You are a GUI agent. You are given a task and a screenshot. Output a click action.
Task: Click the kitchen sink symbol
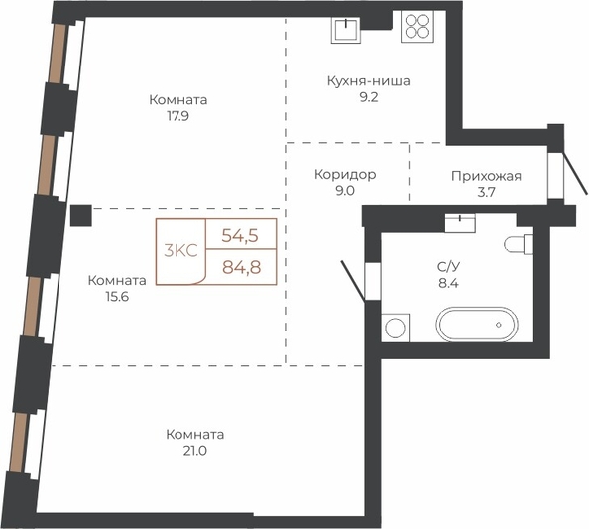346,30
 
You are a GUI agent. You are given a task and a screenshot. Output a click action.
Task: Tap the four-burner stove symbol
417,26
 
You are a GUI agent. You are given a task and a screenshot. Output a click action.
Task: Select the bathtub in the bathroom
477,325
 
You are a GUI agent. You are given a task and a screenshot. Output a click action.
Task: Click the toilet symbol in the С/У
519,244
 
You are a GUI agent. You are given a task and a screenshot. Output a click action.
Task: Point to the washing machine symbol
396,328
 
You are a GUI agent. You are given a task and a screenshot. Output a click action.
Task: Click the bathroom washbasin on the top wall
460,223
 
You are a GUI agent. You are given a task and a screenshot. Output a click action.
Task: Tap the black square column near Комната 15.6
81,215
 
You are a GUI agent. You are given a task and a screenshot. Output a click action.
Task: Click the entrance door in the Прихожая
576,174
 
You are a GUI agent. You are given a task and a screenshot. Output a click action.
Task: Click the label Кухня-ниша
369,81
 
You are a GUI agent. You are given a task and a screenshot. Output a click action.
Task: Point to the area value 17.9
178,116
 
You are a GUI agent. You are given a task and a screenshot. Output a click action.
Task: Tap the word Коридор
345,175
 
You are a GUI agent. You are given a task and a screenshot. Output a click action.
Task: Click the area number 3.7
487,192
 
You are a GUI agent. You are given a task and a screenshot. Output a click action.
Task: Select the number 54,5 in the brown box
240,236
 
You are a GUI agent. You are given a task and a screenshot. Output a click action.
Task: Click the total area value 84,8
242,267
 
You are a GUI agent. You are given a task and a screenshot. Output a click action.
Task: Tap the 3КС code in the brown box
180,250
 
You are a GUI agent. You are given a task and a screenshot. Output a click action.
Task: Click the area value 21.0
195,451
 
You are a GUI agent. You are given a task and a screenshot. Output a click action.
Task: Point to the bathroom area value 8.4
448,283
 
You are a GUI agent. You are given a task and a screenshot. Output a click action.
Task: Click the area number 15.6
117,297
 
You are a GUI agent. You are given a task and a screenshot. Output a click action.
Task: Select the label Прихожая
487,176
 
